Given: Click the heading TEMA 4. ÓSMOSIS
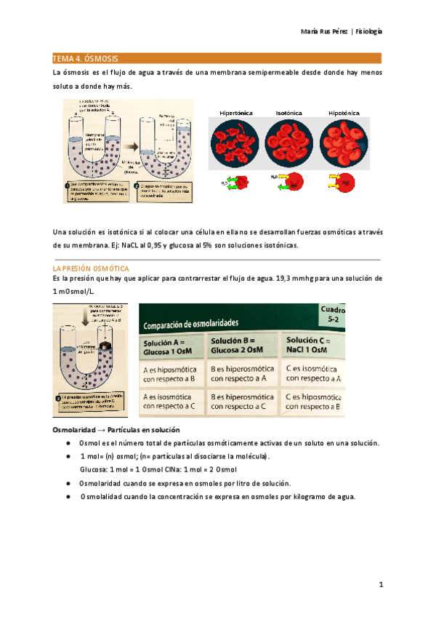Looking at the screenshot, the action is [86, 57].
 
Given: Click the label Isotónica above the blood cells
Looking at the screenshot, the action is [289, 114].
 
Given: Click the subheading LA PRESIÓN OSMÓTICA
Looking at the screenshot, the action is [92, 268].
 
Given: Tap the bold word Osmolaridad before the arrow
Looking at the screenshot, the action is [76, 430].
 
